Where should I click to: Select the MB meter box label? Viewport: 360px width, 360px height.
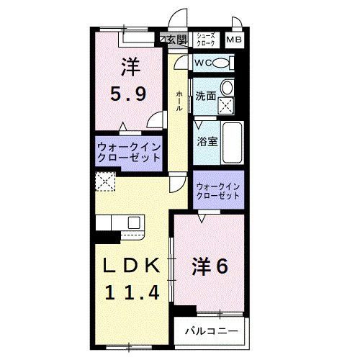pyautogui.click(x=235, y=40)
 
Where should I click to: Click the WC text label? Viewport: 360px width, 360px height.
pyautogui.click(x=202, y=63)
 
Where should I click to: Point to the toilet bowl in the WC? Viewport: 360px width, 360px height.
pyautogui.click(x=222, y=63)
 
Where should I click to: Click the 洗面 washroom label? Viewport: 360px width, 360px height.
pyautogui.click(x=206, y=94)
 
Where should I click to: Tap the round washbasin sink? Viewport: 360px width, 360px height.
pyautogui.click(x=228, y=89)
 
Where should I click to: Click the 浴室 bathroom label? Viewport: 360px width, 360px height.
pyautogui.click(x=207, y=141)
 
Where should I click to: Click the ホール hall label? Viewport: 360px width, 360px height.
pyautogui.click(x=179, y=101)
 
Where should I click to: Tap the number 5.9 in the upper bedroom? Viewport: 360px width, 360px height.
pyautogui.click(x=129, y=94)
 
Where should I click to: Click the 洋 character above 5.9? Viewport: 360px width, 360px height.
pyautogui.click(x=130, y=68)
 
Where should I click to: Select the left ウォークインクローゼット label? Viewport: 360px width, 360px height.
pyautogui.click(x=129, y=152)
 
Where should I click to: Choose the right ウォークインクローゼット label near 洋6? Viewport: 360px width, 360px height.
pyautogui.click(x=218, y=191)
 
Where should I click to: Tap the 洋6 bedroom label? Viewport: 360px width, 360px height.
pyautogui.click(x=209, y=266)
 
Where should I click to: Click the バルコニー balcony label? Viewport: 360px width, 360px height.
pyautogui.click(x=207, y=332)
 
